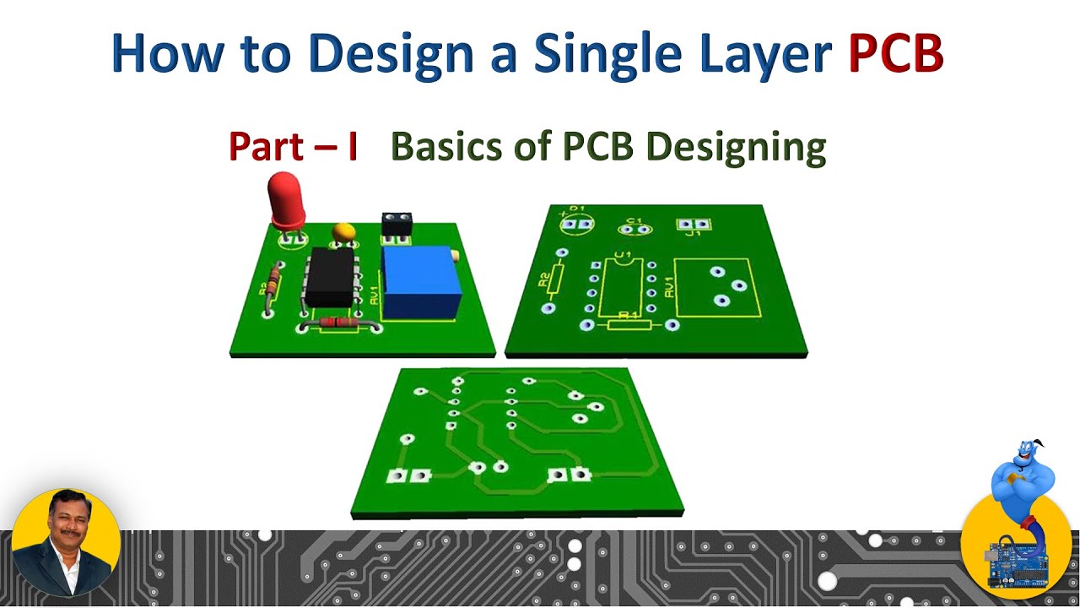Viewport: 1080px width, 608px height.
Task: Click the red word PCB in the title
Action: tap(895, 53)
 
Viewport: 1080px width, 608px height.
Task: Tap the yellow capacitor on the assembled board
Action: tap(343, 231)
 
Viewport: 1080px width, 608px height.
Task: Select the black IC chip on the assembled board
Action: tap(329, 277)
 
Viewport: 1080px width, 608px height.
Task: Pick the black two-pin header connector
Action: tap(396, 223)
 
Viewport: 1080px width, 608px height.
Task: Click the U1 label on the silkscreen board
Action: tap(624, 254)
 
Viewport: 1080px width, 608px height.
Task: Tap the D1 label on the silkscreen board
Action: tap(576, 209)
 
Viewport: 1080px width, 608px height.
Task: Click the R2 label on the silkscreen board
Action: tap(545, 276)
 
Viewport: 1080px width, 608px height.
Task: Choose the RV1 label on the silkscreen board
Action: tap(669, 288)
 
